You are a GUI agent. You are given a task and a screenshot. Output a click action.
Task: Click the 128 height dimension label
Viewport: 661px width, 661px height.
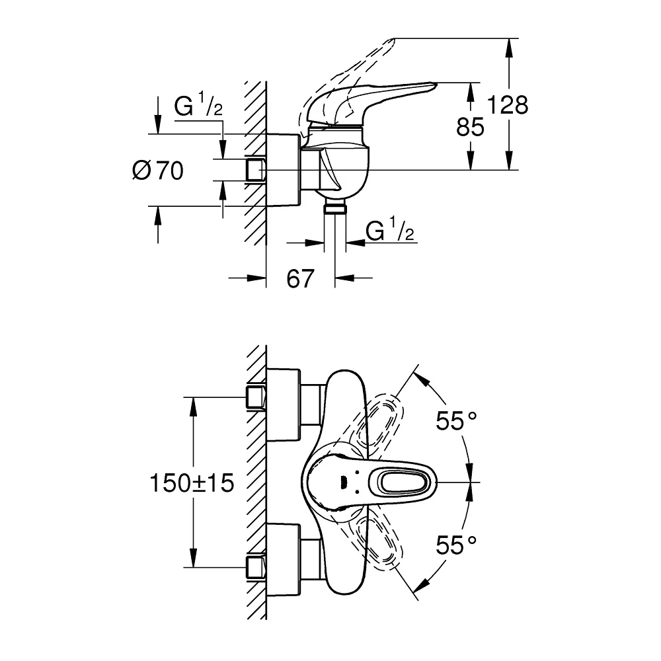(x=508, y=104)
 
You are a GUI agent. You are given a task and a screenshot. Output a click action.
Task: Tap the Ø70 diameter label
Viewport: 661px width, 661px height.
(x=158, y=171)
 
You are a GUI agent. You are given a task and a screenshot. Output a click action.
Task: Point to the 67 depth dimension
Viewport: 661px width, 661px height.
(x=300, y=278)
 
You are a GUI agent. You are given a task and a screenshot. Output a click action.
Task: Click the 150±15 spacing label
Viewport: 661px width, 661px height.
(x=192, y=483)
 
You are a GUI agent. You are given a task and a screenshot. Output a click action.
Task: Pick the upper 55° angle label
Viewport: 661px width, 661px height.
(x=456, y=420)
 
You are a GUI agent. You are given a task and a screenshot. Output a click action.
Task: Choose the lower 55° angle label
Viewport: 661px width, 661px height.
(x=456, y=545)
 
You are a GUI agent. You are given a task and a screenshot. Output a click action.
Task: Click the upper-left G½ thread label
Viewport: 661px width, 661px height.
(x=198, y=104)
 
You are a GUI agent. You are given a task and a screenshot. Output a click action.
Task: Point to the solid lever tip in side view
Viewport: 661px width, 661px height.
(x=434, y=85)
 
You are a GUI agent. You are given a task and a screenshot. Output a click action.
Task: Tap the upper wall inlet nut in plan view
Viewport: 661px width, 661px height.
(x=256, y=397)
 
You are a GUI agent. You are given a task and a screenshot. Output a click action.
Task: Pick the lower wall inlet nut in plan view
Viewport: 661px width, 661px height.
(x=256, y=567)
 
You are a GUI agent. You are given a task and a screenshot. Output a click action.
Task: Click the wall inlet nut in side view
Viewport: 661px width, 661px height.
(x=256, y=170)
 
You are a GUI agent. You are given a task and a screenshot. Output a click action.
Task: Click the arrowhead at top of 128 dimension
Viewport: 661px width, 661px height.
(x=509, y=47)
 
